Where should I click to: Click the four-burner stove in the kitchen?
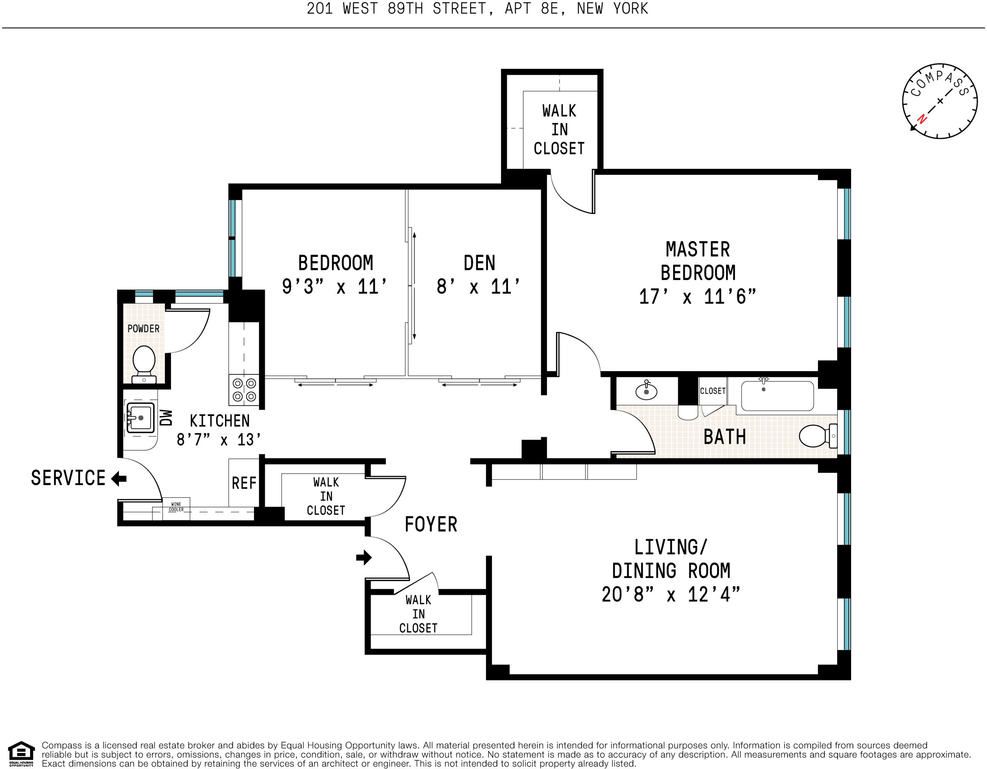pos(244,390)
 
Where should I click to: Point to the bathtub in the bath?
pos(777,396)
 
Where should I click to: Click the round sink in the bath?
pos(646,391)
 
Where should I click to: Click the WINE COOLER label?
pos(176,507)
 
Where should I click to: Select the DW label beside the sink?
pos(166,417)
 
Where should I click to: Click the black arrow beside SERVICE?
pos(119,478)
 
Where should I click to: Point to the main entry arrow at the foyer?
pos(364,557)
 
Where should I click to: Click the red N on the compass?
pos(922,119)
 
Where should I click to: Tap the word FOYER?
pos(431,525)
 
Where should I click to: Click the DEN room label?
pos(479,263)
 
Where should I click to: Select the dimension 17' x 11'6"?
pos(697,297)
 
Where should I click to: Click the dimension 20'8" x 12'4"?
pos(671,594)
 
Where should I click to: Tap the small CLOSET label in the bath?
pos(713,391)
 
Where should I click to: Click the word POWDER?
pos(143,329)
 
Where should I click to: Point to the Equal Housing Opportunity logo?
pos(21,754)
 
